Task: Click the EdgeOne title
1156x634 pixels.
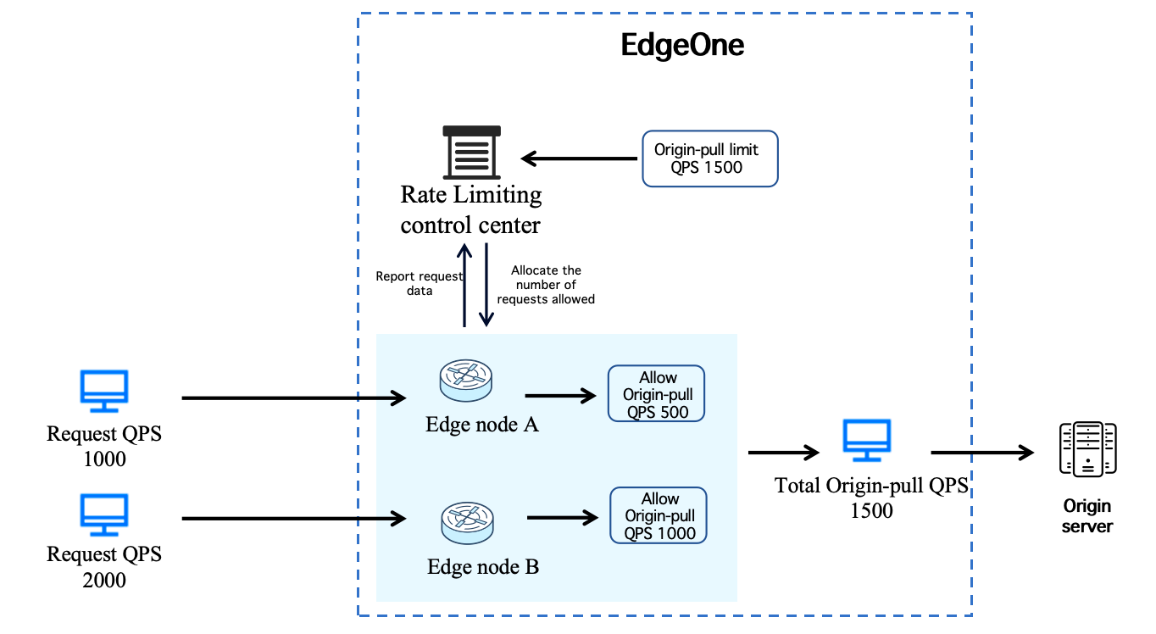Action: tap(682, 45)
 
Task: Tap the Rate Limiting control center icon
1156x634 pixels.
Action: tap(471, 151)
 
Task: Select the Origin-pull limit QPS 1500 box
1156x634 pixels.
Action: tap(710, 158)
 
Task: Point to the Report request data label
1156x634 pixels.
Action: tap(420, 283)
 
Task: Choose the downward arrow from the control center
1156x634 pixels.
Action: tap(486, 285)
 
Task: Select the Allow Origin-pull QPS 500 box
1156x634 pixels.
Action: tap(657, 394)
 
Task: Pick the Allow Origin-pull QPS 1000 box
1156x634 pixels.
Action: tap(659, 515)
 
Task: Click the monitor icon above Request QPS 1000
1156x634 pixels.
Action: tap(103, 390)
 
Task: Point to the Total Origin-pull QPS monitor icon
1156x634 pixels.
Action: tap(866, 440)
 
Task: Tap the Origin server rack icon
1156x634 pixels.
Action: tap(1087, 448)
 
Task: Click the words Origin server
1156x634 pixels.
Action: tap(1087, 516)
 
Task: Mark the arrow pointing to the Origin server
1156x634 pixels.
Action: tap(982, 453)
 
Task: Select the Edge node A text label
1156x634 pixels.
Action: tap(481, 425)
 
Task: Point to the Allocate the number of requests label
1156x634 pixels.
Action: tap(546, 285)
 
